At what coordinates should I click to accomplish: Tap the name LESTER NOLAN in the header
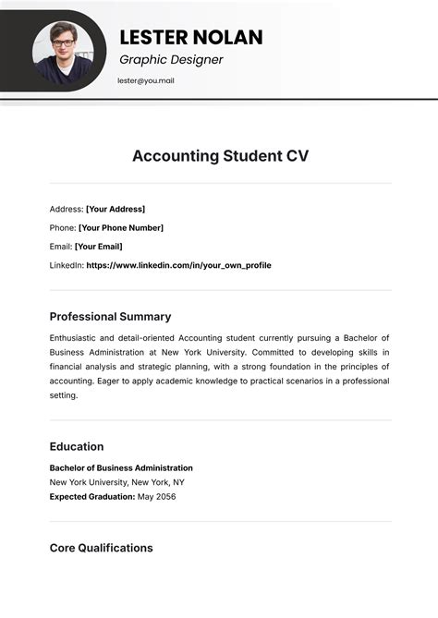point(191,37)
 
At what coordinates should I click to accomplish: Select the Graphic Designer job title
point(171,60)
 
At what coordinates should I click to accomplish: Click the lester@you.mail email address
point(146,80)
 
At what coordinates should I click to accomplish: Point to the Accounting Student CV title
point(220,155)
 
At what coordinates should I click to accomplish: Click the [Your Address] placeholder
point(116,209)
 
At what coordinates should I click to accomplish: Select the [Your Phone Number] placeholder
point(120,227)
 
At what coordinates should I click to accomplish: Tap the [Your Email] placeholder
point(98,247)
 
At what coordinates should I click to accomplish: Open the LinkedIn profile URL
point(178,265)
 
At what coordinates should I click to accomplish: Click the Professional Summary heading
point(110,316)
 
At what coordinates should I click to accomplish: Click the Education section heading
point(76,446)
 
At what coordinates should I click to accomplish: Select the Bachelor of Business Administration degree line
point(121,467)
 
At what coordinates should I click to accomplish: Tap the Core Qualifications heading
point(101,548)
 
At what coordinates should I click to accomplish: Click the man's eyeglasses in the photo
point(63,42)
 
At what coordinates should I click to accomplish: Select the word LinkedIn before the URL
point(65,265)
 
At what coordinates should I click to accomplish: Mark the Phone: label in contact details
point(62,227)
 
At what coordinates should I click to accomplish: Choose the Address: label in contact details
point(66,209)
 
